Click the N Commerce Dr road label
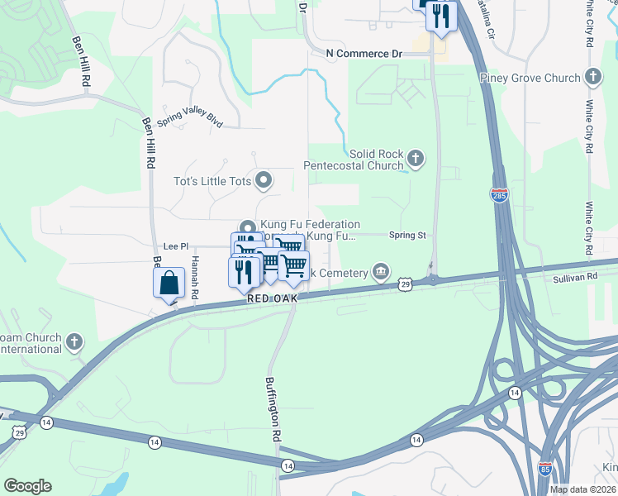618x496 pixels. point(364,54)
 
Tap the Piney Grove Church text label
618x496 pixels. point(530,79)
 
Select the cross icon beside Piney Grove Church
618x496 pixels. point(592,79)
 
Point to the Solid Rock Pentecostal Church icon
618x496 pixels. point(416,157)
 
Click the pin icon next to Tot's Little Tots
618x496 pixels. point(264,179)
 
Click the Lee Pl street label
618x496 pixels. point(176,246)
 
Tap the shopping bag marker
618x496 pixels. point(169,283)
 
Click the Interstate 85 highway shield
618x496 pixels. point(544,467)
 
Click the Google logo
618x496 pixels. point(27,486)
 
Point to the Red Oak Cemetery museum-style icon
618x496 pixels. point(381,269)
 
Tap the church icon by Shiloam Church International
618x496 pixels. point(74,341)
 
